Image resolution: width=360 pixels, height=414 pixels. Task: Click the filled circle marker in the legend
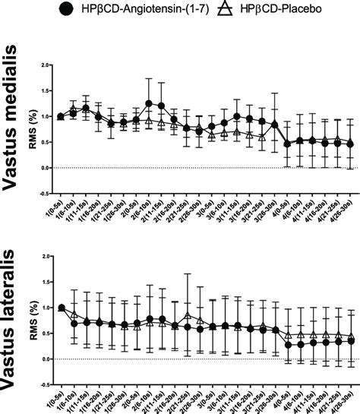click(x=66, y=10)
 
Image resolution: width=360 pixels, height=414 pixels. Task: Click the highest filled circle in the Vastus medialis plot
click(x=149, y=103)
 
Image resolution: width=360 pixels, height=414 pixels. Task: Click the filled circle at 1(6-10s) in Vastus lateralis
click(x=74, y=324)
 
